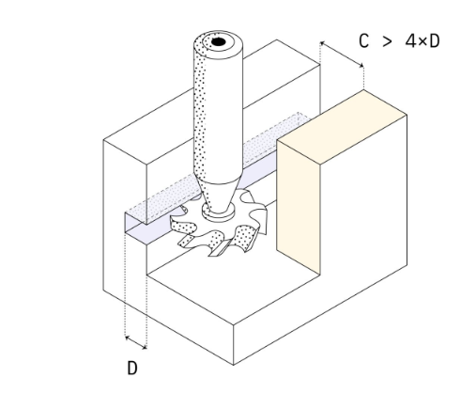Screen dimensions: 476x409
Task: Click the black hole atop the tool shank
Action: point(219,41)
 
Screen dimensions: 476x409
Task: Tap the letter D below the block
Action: point(132,368)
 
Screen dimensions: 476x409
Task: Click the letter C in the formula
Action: point(363,41)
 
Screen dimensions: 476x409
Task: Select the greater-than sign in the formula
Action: point(387,41)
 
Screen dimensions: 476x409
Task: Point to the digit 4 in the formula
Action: point(410,41)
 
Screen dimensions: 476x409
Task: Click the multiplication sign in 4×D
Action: point(422,41)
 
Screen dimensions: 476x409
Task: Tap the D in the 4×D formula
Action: point(435,41)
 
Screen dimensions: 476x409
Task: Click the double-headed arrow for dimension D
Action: point(136,342)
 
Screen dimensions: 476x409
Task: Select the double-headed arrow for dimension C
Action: point(342,54)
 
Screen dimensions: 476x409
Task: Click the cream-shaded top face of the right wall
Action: point(342,127)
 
